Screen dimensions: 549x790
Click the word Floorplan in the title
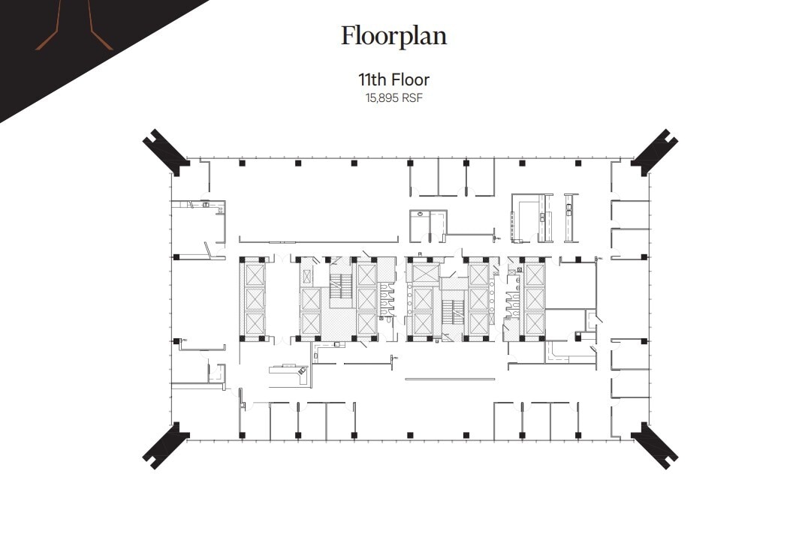coord(393,36)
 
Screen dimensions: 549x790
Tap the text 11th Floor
coord(393,79)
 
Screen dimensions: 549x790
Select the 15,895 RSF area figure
coord(393,97)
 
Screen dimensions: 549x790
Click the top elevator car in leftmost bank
coord(255,274)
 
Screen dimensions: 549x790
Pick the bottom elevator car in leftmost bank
coord(255,323)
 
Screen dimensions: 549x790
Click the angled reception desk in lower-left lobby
coord(289,373)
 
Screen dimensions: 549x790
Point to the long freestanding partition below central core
coord(450,379)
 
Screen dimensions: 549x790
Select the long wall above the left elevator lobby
coord(318,241)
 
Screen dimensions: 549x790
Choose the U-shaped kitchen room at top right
coord(531,217)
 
